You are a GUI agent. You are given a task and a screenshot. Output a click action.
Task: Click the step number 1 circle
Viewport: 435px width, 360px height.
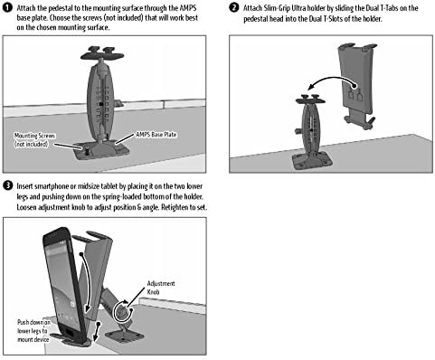pyautogui.click(x=7, y=8)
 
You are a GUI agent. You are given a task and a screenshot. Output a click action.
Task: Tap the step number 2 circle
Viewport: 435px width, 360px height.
pyautogui.click(x=234, y=7)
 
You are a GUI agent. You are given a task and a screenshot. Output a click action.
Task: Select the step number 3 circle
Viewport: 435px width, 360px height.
pyautogui.click(x=7, y=185)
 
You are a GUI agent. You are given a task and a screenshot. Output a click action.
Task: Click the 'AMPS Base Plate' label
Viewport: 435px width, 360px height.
pyautogui.click(x=156, y=135)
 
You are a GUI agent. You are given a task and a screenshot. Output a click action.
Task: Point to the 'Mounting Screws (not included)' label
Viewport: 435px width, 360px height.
pyautogui.click(x=34, y=140)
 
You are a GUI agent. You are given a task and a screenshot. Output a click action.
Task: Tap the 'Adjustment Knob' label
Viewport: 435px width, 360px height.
pyautogui.click(x=161, y=288)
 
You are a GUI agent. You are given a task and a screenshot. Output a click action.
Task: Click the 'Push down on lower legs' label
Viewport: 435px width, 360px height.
pyautogui.click(x=33, y=331)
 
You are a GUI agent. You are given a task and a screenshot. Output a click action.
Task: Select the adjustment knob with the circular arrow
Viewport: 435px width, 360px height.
pyautogui.click(x=122, y=311)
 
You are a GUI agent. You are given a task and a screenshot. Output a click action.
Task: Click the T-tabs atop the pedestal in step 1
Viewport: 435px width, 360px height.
pyautogui.click(x=102, y=52)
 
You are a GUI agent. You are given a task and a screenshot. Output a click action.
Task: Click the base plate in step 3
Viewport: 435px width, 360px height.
pyautogui.click(x=124, y=336)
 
